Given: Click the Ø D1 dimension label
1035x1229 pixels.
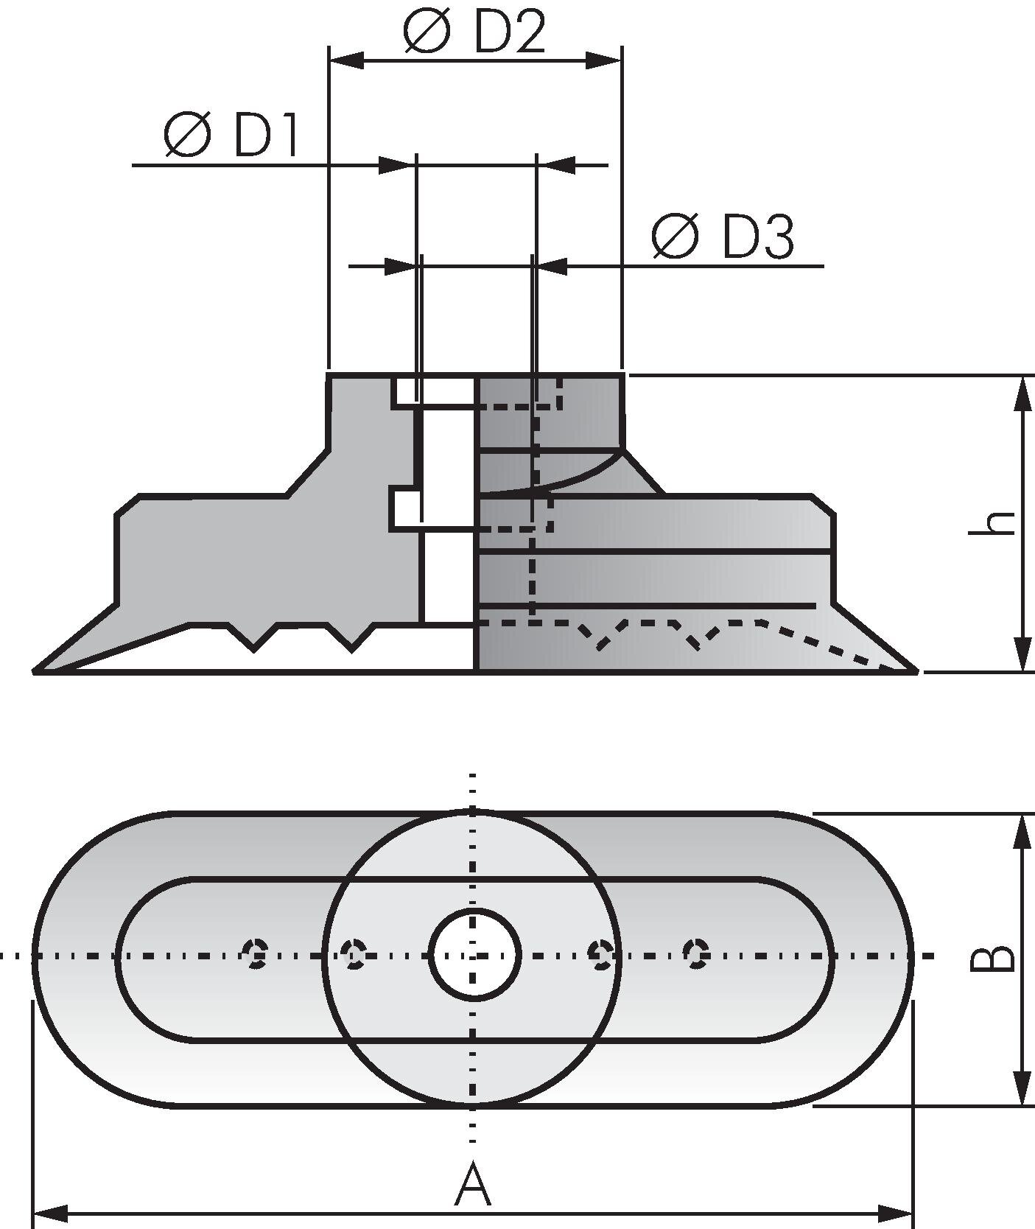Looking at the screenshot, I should coord(231,136).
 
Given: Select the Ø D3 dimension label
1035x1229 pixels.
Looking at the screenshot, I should coord(723,237).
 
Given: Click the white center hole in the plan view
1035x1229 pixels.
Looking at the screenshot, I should coord(474,955).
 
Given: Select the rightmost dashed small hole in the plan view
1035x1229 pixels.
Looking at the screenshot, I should coord(695,954).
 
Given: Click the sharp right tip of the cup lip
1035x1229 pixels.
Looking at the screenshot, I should coord(915,670).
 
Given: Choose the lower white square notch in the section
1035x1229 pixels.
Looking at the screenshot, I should coord(404,509).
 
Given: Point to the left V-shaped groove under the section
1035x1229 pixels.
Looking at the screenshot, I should coord(253,638).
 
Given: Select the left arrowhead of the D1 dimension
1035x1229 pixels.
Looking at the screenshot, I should coord(393,165).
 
